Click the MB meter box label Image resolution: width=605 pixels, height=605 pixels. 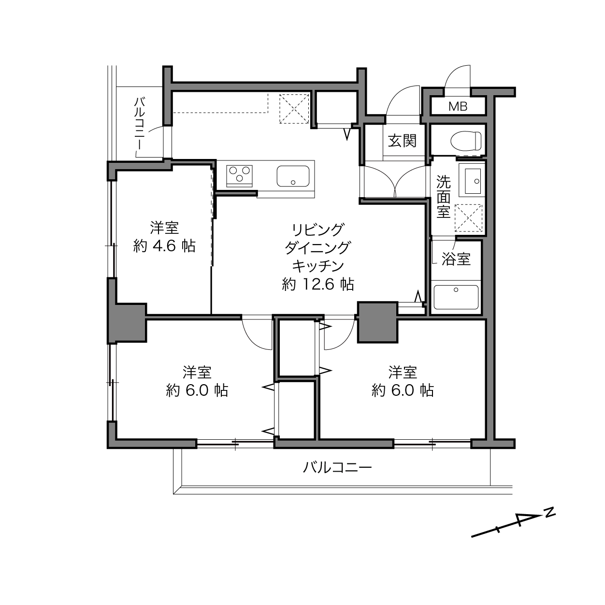458,106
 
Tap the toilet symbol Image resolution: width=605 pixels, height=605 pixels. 466,141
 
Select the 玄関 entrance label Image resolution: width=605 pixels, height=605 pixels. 402,141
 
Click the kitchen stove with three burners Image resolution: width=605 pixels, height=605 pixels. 240,174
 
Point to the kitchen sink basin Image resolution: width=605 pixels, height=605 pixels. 293,176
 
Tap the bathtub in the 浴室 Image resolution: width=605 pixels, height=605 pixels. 456,297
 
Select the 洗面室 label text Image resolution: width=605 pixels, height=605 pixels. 443,197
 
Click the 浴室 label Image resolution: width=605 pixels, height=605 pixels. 456,259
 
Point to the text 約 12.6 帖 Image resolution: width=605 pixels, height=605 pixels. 317,284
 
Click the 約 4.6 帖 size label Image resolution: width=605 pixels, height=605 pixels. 164,246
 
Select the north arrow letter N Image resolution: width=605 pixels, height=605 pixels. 549,512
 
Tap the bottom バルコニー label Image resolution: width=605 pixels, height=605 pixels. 337,467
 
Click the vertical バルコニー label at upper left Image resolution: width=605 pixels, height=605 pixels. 140,124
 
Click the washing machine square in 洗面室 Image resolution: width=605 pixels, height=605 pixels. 468,218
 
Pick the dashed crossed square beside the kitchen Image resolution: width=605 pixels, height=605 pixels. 294,109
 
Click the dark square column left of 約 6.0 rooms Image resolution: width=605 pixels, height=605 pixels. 127,322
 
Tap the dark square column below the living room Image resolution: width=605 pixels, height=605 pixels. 377,322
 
